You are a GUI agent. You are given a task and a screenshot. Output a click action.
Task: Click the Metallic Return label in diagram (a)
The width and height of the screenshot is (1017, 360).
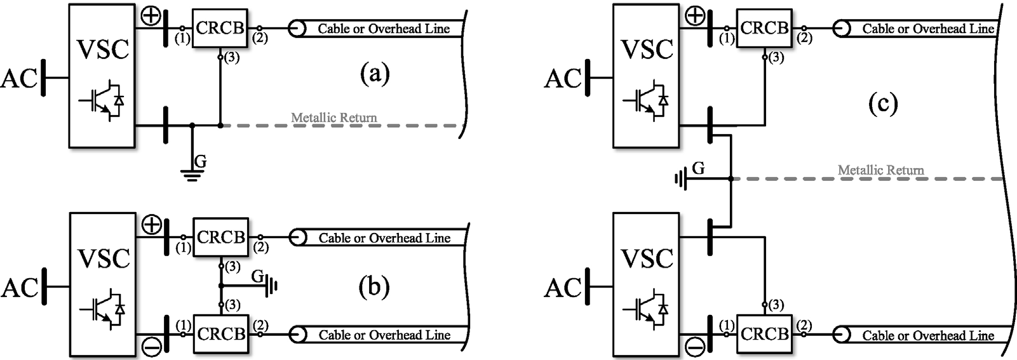333,117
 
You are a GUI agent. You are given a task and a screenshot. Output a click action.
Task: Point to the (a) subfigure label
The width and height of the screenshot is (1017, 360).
374,75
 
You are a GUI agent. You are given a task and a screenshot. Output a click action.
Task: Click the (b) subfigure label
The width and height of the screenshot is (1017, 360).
374,288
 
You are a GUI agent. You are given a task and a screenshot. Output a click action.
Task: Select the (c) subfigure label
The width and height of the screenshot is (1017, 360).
883,103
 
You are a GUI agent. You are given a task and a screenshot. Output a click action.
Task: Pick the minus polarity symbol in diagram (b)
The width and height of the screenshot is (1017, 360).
151,347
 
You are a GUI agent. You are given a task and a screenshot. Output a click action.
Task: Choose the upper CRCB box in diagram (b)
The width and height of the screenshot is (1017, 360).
220,237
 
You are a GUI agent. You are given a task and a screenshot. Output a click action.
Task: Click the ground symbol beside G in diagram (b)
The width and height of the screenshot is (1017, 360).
273,286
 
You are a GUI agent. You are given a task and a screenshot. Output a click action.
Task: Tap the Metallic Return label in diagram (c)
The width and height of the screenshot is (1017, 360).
880,170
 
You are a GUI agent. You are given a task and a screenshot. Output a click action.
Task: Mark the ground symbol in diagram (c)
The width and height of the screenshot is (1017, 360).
681,180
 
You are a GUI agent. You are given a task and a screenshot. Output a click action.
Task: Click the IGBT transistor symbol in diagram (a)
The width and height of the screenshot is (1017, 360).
102,100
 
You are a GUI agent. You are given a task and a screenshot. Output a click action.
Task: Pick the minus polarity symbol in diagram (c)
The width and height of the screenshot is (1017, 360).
696,347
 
